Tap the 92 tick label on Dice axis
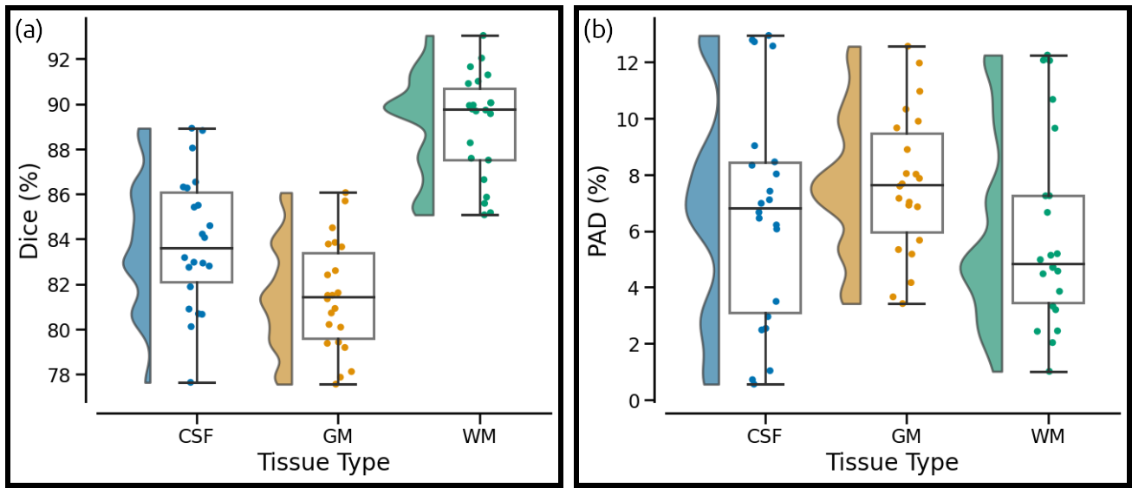(x=61, y=60)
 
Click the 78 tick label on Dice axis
(x=61, y=375)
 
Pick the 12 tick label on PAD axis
(x=628, y=62)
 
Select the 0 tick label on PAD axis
(x=635, y=400)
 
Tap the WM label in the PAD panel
(x=1048, y=435)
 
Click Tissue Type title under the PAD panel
(x=892, y=461)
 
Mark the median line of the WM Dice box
(x=479, y=110)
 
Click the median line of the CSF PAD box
(x=765, y=208)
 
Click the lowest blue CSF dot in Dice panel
(x=191, y=382)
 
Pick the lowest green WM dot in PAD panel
(x=1049, y=371)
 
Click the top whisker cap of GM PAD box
(x=907, y=46)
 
